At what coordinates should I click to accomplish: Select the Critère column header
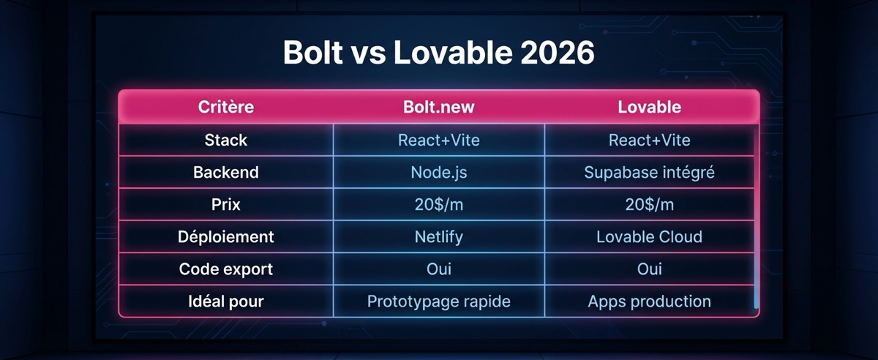(226, 108)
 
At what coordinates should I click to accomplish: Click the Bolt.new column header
(439, 108)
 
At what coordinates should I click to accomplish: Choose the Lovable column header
(649, 108)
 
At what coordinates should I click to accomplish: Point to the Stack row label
(226, 140)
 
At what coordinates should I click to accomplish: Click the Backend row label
(226, 173)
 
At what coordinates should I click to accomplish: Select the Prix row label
(226, 205)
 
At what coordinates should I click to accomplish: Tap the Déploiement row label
(226, 237)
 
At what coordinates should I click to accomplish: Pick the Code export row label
(226, 269)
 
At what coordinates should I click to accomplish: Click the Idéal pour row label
(226, 301)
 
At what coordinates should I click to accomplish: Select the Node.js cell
(439, 173)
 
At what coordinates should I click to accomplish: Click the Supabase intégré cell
(649, 173)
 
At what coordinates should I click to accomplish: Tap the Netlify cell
(439, 237)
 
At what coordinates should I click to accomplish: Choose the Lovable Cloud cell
(649, 237)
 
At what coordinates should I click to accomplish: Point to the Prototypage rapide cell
(439, 301)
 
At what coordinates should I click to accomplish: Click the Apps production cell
(649, 301)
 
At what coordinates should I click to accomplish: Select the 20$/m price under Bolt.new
(439, 205)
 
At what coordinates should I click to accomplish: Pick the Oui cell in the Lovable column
(649, 269)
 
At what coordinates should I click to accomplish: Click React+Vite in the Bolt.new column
(439, 140)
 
